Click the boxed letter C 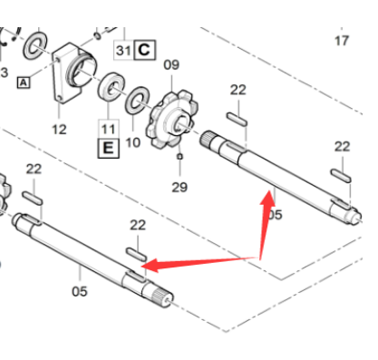point(144,50)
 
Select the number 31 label point(123,50)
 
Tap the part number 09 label point(171,64)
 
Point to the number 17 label point(342,41)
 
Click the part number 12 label point(59,130)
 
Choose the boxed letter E point(109,148)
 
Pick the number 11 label point(109,130)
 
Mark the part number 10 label point(133,142)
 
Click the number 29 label point(179,187)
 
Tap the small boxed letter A point(24,83)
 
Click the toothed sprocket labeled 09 point(171,119)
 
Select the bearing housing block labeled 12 point(74,73)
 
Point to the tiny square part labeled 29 point(179,156)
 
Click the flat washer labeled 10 point(137,101)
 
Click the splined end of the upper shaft point(207,139)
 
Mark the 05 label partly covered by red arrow point(276,215)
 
